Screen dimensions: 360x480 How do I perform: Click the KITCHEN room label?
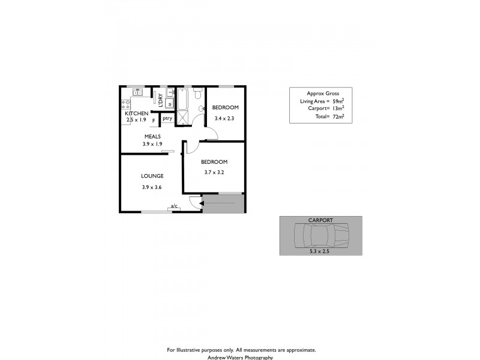point(136,113)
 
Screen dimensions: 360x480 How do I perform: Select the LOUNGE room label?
point(152,176)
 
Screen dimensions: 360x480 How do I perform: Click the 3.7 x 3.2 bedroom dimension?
point(214,172)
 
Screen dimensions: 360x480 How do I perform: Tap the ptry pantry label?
point(167,118)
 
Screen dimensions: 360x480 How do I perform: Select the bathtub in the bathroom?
point(182,97)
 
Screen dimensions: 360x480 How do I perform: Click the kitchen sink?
point(137,92)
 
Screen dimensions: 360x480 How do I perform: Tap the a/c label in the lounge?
point(175,206)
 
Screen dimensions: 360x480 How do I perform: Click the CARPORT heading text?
point(320,221)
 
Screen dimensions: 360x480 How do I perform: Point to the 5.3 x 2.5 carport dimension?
point(320,251)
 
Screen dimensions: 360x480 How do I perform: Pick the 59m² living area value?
point(338,101)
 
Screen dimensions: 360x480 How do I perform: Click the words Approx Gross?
point(323,94)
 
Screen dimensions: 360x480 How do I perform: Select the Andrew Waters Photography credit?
point(240,357)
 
